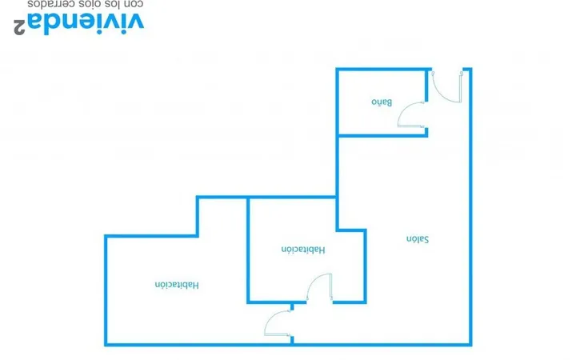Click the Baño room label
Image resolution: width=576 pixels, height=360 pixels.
382,102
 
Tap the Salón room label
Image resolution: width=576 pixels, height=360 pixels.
418,239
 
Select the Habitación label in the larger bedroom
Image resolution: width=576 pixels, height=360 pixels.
177,285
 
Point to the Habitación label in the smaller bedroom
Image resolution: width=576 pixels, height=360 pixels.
303,250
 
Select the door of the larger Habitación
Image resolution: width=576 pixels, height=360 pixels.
271,318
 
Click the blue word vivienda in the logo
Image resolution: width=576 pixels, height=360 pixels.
86,23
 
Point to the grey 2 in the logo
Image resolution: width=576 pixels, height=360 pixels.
19,27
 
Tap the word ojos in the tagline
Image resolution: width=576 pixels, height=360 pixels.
88,5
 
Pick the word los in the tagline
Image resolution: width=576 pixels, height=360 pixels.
112,5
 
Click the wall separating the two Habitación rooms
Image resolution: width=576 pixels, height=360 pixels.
248,250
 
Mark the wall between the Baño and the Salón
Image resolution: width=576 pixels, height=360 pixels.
382,135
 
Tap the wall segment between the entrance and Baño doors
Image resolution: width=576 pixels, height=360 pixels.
426,86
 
